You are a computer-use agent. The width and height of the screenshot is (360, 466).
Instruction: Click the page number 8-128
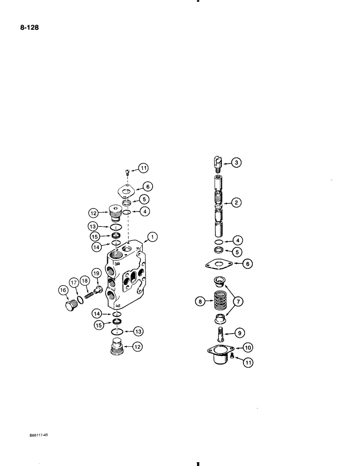coord(28,27)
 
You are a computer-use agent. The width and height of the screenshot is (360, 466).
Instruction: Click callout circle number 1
coord(152,239)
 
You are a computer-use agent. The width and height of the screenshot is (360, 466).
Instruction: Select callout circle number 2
coord(236,202)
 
